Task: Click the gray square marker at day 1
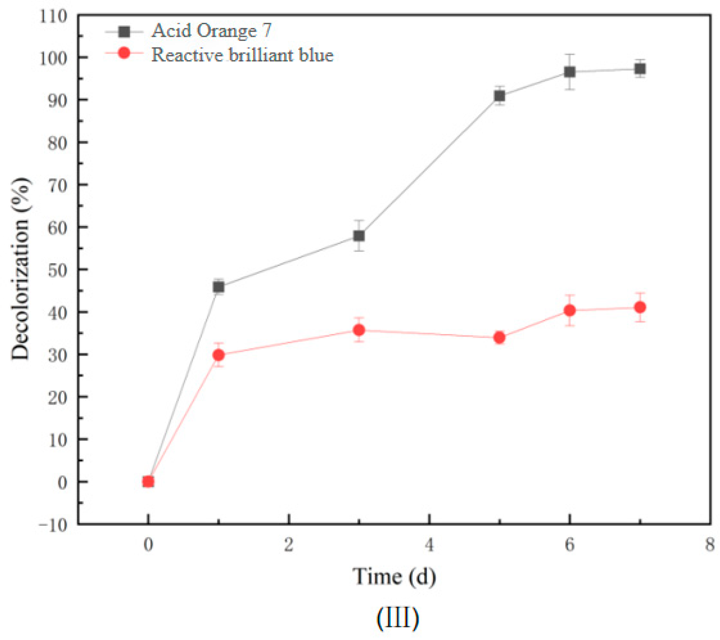coord(218,287)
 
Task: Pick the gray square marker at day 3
coord(359,236)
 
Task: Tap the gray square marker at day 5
coord(499,96)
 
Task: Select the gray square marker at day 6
coord(569,72)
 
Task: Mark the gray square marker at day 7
coord(640,69)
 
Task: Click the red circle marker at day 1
coord(218,355)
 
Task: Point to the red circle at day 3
coord(359,330)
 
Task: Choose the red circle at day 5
coord(499,338)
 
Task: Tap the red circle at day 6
coord(569,310)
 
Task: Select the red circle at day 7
coord(640,307)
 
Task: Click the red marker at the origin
coord(148,482)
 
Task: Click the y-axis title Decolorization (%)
coord(21,269)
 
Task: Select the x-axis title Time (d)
coord(394,576)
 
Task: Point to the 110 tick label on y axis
coord(53,17)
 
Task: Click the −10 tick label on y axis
coord(53,525)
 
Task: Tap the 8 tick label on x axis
coord(709,545)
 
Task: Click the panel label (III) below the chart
coord(397,618)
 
